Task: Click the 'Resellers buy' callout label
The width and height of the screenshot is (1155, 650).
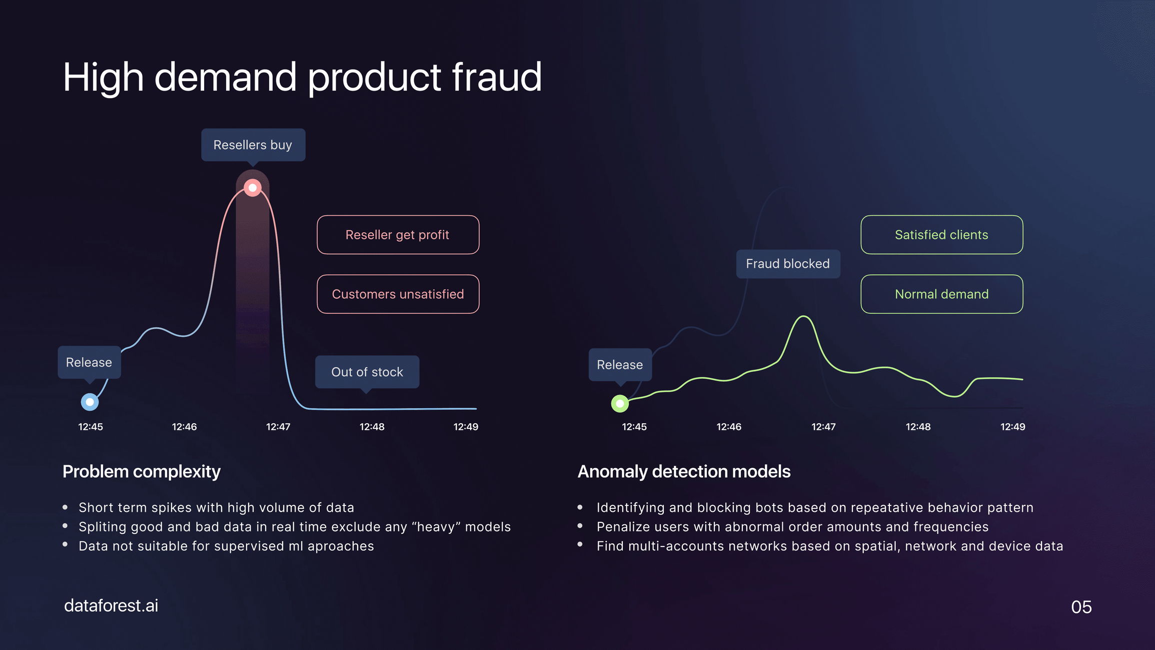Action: pyautogui.click(x=253, y=145)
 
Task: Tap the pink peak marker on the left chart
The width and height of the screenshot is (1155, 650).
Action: pyautogui.click(x=253, y=188)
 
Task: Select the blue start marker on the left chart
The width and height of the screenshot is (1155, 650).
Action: pyautogui.click(x=90, y=402)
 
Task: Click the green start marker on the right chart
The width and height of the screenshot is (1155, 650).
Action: pyautogui.click(x=620, y=403)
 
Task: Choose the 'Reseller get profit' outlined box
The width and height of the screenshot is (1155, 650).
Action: pyautogui.click(x=398, y=235)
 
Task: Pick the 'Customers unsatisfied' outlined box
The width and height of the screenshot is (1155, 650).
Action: pyautogui.click(x=398, y=294)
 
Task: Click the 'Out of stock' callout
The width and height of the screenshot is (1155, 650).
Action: pyautogui.click(x=367, y=372)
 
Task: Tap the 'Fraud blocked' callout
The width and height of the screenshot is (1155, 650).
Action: pyautogui.click(x=788, y=264)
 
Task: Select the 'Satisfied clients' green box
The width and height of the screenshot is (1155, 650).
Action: pyautogui.click(x=941, y=235)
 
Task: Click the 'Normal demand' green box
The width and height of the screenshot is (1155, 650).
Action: pyautogui.click(x=941, y=294)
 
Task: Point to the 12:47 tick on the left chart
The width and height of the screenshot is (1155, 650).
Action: pyautogui.click(x=278, y=427)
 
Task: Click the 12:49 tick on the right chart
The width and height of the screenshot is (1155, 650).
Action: pyautogui.click(x=1012, y=427)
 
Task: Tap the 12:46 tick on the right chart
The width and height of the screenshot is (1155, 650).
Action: pyautogui.click(x=729, y=427)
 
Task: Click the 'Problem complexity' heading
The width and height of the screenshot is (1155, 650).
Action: pyautogui.click(x=142, y=471)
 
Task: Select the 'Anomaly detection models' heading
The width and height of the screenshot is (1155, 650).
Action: pyautogui.click(x=684, y=471)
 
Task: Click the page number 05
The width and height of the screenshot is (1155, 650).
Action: pyautogui.click(x=1081, y=607)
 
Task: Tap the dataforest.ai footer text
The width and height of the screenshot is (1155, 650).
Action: pyautogui.click(x=111, y=605)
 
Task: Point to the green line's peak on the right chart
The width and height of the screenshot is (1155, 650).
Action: pyautogui.click(x=804, y=316)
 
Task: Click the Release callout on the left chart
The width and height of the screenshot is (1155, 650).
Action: pyautogui.click(x=89, y=362)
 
